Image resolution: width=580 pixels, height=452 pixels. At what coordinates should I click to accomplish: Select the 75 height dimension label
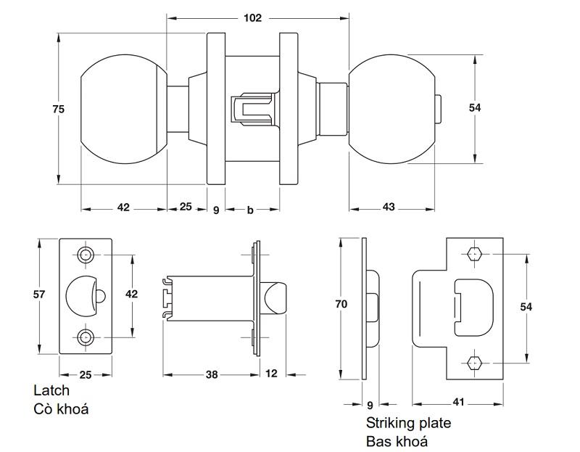(x=59, y=109)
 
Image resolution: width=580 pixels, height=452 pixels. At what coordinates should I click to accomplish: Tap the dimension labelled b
(x=250, y=210)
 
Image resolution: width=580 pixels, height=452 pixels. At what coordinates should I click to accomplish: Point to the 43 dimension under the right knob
(x=389, y=207)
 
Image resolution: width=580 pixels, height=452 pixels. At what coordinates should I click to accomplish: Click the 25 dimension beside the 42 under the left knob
(x=185, y=207)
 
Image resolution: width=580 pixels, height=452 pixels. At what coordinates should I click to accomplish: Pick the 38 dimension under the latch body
(x=211, y=374)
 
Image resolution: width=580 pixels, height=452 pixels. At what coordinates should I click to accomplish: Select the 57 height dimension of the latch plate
(x=40, y=294)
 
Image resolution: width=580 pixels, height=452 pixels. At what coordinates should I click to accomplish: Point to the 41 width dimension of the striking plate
(x=458, y=400)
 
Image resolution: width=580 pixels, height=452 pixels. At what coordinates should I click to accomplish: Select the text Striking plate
(x=408, y=423)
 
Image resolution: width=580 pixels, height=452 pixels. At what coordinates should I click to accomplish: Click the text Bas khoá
(x=397, y=441)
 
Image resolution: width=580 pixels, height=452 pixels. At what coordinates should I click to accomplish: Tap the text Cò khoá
(x=61, y=409)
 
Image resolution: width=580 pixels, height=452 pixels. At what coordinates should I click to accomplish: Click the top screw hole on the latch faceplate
(x=86, y=255)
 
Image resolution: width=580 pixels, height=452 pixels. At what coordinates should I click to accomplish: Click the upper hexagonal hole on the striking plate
(x=475, y=255)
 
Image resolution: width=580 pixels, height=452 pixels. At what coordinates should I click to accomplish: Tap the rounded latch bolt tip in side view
(x=275, y=297)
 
